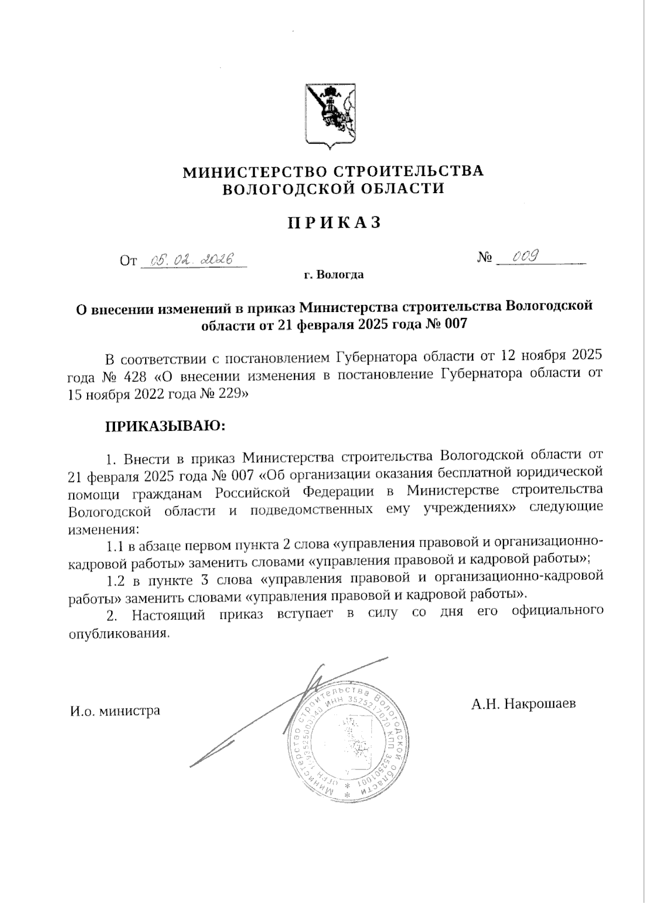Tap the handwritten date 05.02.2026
point(192,260)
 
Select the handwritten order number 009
point(525,257)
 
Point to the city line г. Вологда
point(333,275)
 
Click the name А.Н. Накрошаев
point(524,704)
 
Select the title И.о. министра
point(115,711)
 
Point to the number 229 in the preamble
point(228,394)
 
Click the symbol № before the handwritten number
point(485,258)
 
